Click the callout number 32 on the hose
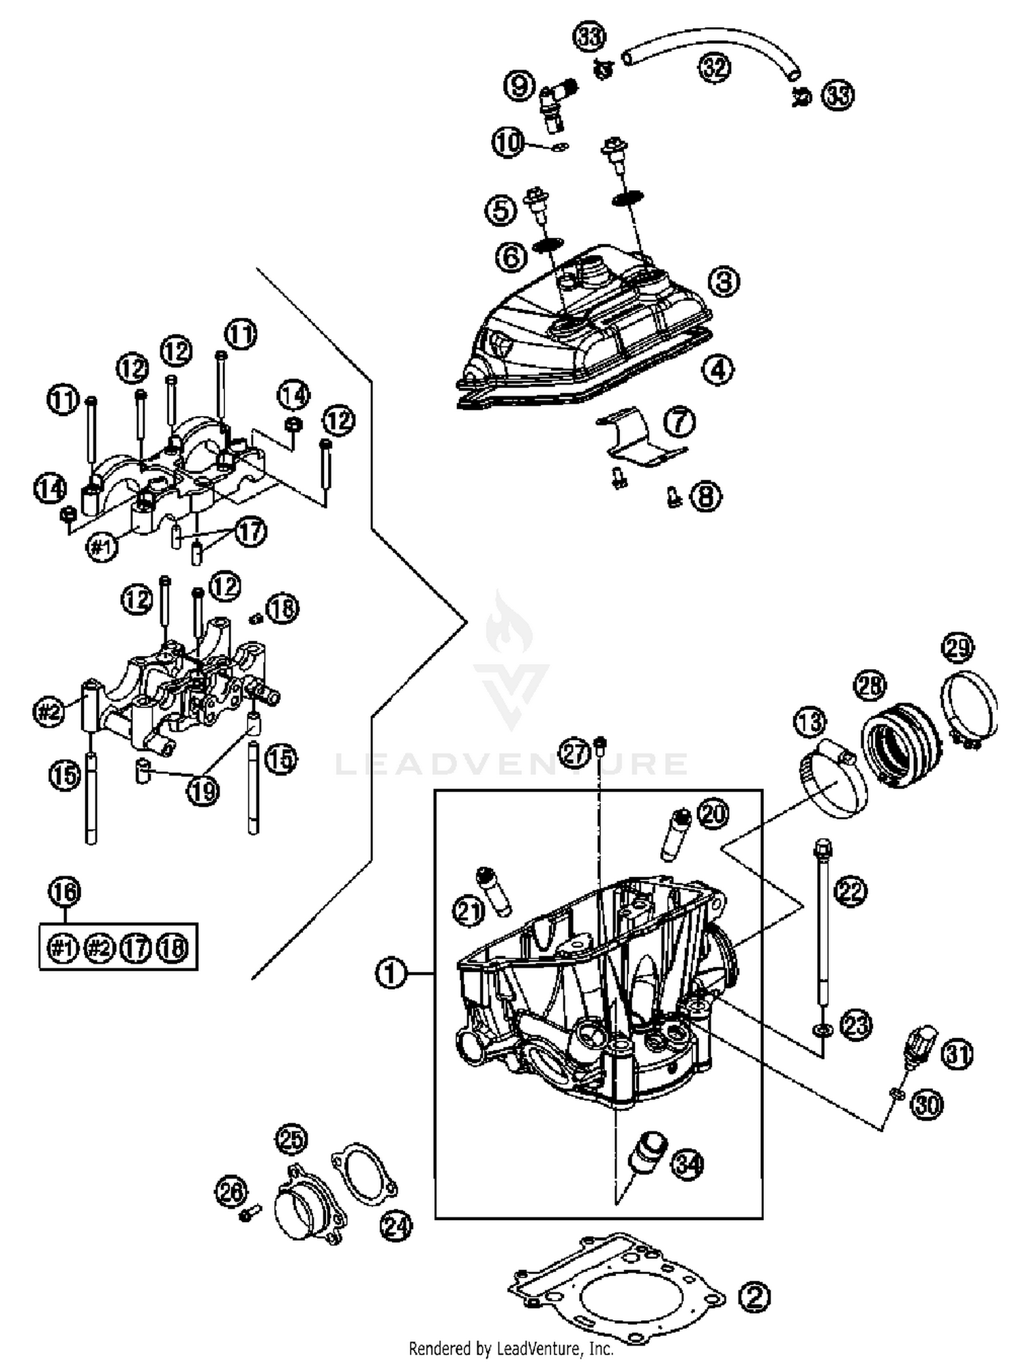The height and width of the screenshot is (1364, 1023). coord(713,68)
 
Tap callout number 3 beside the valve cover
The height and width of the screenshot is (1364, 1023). coord(724,280)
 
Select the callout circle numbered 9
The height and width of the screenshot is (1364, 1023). coord(519,86)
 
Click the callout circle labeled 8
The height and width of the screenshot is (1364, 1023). coord(705,496)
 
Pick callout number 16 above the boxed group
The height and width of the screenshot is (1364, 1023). coord(65,891)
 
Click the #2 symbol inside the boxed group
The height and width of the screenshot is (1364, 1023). coord(99,947)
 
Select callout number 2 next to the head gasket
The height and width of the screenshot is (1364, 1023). coord(754,1296)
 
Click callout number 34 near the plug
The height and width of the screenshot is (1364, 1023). coord(687,1166)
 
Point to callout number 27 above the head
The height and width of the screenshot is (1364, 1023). coord(575,753)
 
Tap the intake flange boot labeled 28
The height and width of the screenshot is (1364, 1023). coord(900,747)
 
